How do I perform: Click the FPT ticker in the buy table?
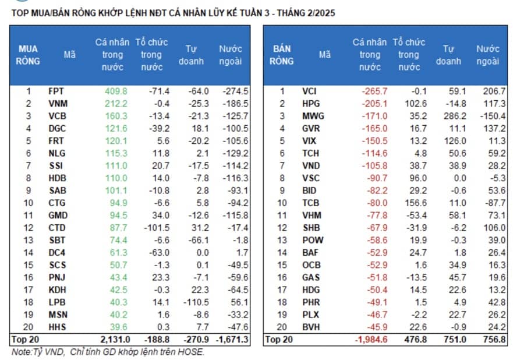tap(56, 91)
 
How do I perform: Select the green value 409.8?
tap(116, 91)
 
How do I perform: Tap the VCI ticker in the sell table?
tap(309, 91)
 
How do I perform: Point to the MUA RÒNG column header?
tap(28, 55)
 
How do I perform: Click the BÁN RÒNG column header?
tap(282, 55)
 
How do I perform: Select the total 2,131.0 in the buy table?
tap(115, 340)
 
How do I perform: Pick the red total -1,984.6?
tap(371, 340)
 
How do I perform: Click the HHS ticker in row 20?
tap(57, 327)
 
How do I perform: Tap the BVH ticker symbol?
tap(311, 327)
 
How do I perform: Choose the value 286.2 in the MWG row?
tap(455, 116)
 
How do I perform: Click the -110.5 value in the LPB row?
tap(196, 302)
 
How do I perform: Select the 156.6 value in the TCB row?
tap(416, 203)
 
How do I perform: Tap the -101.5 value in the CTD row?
tap(157, 228)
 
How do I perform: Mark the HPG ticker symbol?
tap(311, 104)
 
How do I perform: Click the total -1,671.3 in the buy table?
tap(232, 340)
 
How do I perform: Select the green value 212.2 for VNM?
tap(116, 104)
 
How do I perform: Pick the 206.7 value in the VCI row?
tap(494, 91)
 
